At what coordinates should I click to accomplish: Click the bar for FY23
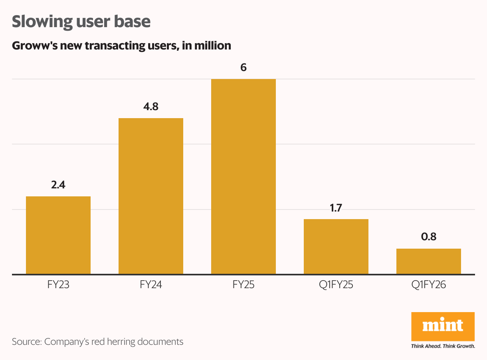point(58,235)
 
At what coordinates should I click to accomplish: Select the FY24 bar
point(151,196)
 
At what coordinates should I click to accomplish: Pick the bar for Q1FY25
point(336,246)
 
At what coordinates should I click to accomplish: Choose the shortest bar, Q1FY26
point(429,261)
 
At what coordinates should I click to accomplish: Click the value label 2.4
point(58,185)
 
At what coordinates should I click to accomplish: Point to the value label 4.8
point(151,107)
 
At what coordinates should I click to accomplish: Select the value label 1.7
point(336,208)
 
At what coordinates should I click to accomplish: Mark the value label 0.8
point(429,237)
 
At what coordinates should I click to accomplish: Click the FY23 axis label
point(58,285)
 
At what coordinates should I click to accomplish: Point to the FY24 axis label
point(151,285)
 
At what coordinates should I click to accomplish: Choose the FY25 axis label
point(243,285)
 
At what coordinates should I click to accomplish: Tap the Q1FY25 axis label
point(336,285)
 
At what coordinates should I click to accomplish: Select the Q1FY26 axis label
point(429,285)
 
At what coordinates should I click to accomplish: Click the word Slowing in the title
point(40,22)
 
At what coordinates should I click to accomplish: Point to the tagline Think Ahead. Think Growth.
point(443,346)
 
